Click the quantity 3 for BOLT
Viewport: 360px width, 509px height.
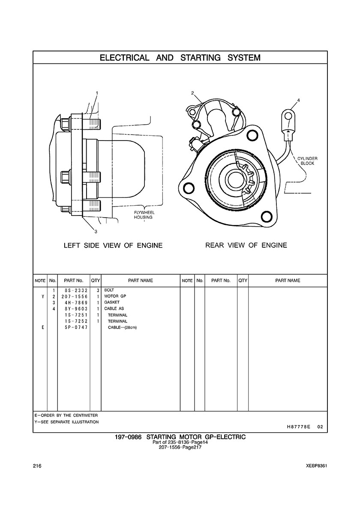(98, 290)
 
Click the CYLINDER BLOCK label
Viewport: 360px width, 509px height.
(307, 161)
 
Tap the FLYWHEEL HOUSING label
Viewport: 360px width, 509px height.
(143, 215)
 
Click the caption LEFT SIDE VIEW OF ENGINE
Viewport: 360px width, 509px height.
(113, 246)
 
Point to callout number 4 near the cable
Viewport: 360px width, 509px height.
(298, 100)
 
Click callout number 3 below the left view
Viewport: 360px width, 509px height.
(96, 232)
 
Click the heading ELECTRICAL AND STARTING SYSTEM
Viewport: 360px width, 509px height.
(180, 57)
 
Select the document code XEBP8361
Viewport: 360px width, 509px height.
(317, 466)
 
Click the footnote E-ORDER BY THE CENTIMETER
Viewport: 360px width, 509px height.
(66, 416)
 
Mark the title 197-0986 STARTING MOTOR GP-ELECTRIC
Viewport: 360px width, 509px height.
(180, 437)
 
